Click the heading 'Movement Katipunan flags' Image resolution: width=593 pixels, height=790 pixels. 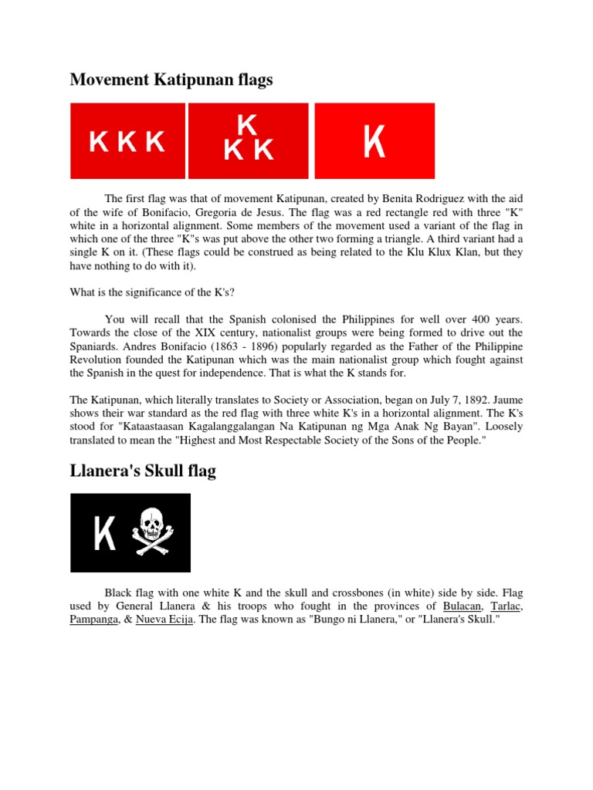(x=171, y=80)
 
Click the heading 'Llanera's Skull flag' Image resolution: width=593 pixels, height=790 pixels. (x=143, y=471)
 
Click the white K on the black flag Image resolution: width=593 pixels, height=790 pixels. (x=104, y=534)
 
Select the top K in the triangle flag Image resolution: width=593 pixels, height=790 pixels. (x=247, y=124)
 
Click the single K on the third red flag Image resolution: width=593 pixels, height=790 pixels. (x=374, y=141)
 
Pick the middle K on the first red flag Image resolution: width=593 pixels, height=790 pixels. (x=127, y=142)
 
